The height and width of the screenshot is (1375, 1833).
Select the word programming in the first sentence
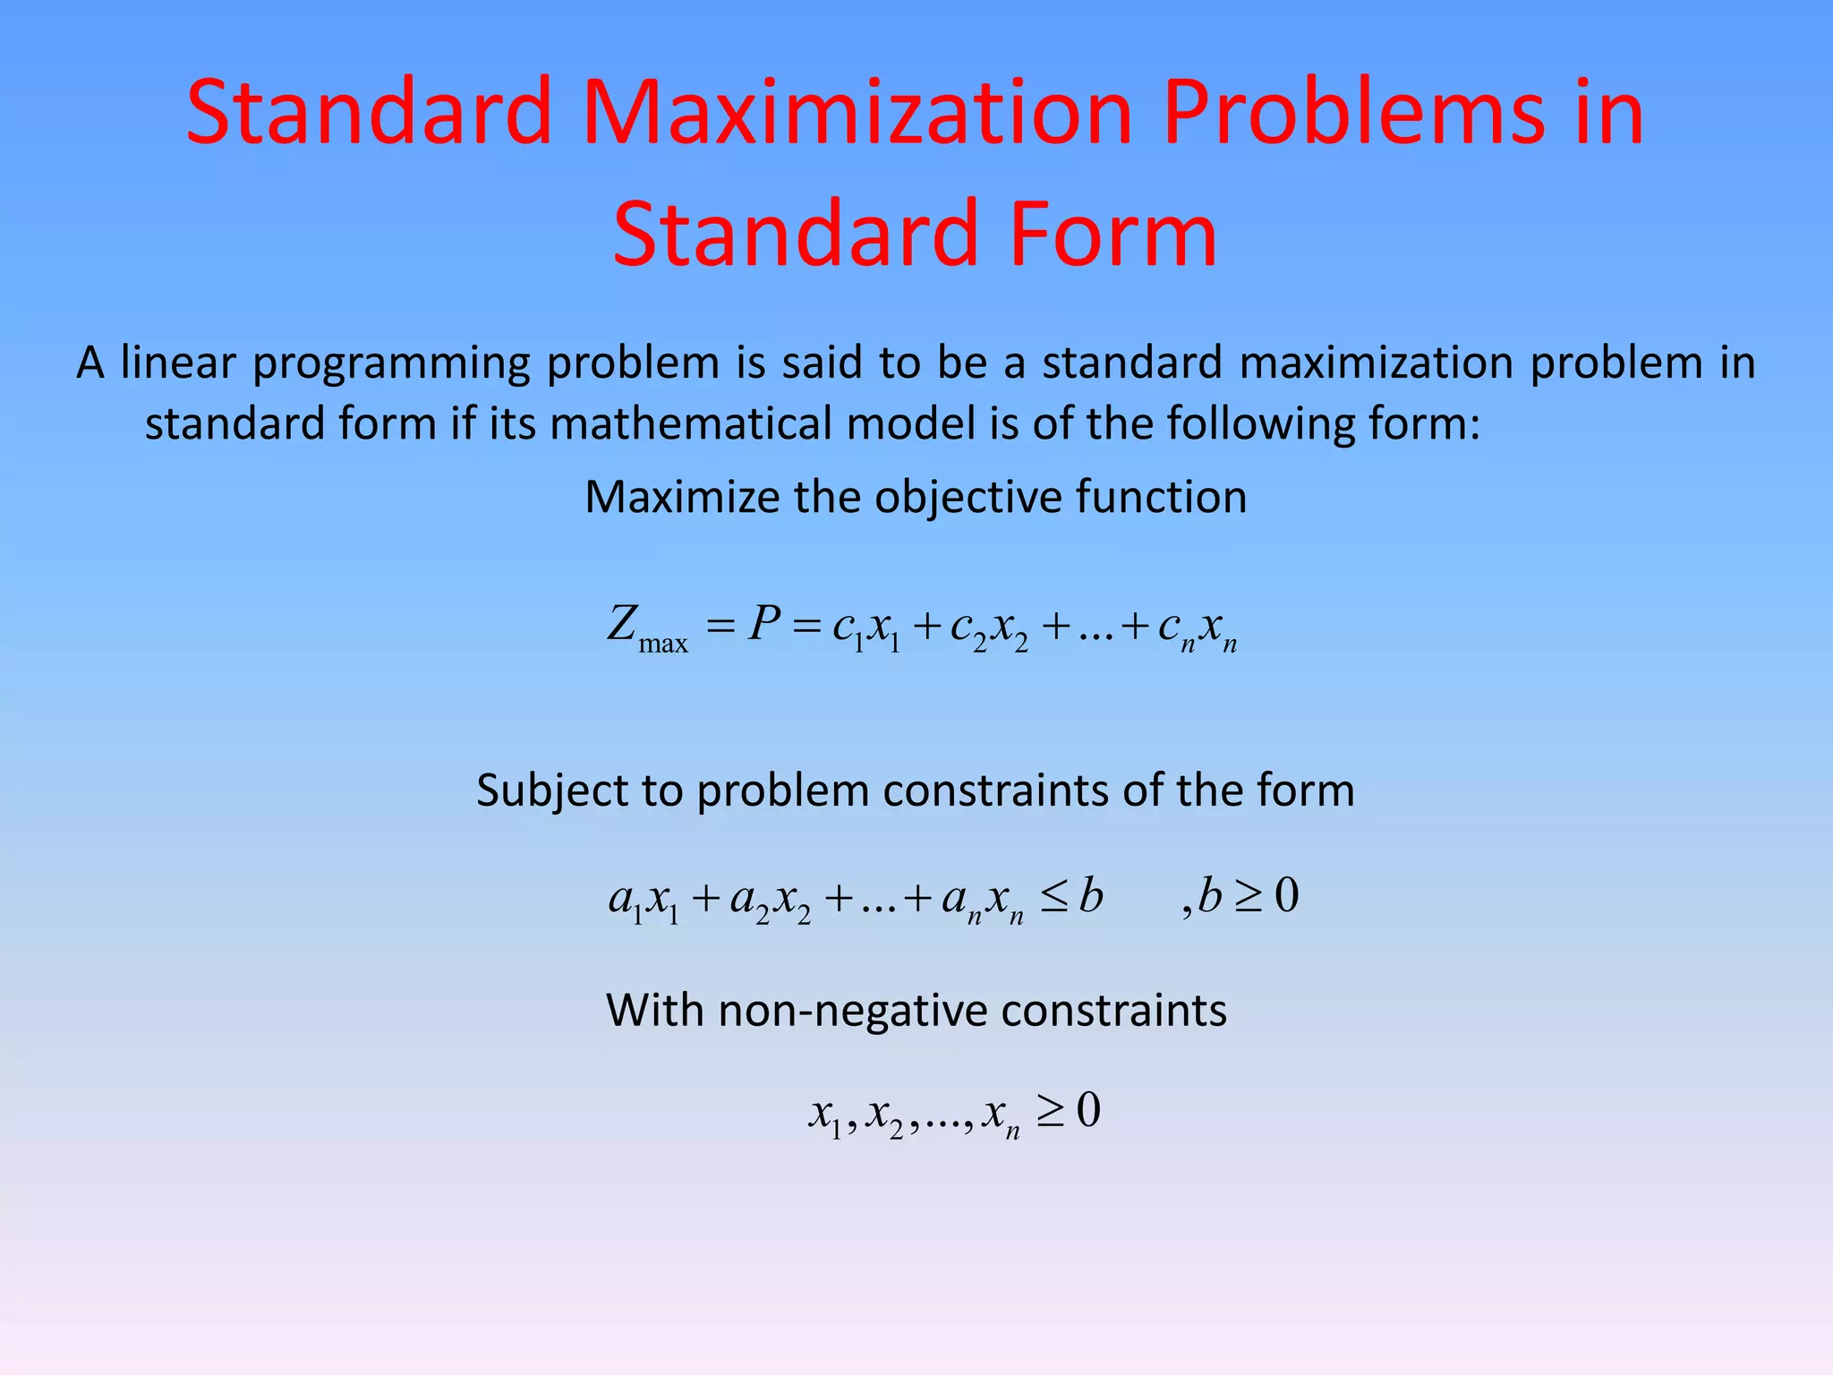pos(392,364)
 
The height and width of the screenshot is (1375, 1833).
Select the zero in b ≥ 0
pos(1286,895)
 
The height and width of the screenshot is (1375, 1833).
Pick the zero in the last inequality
pos(1088,1110)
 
